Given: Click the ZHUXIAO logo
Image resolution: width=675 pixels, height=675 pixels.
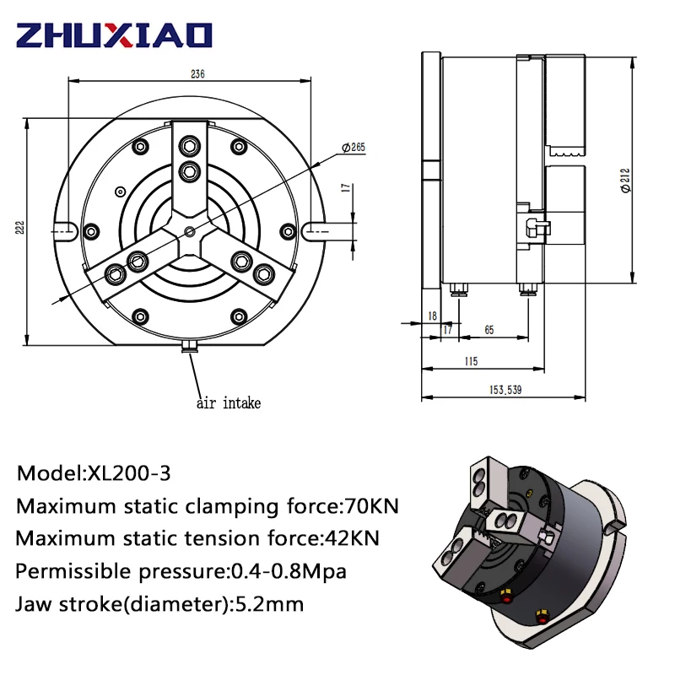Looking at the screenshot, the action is (x=114, y=35).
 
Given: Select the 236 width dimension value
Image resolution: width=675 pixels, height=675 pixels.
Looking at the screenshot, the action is (x=197, y=74).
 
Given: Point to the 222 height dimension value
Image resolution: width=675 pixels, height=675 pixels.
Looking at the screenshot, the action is (x=19, y=227).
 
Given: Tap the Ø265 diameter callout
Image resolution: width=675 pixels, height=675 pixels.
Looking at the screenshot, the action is (x=354, y=147).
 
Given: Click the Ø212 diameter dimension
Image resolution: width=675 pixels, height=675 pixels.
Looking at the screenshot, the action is (x=625, y=181).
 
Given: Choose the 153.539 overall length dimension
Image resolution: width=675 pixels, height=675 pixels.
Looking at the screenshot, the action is (x=505, y=390).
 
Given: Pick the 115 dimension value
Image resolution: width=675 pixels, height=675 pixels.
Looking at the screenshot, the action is (x=471, y=361).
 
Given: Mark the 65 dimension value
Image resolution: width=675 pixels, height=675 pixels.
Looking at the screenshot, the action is (x=489, y=330).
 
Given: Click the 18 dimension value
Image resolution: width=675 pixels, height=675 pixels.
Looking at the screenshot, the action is (x=432, y=316).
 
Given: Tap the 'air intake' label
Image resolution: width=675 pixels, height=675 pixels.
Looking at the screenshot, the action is (x=229, y=403).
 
